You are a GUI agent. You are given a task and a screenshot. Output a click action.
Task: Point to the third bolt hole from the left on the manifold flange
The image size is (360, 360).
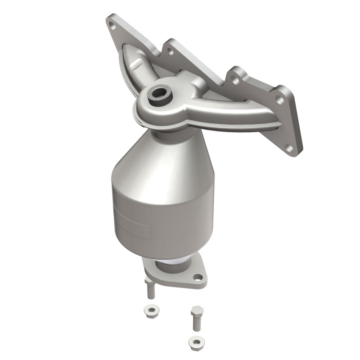pos(234,81)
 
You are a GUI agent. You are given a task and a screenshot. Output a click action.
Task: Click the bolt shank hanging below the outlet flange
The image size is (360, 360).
pos(150,290)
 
